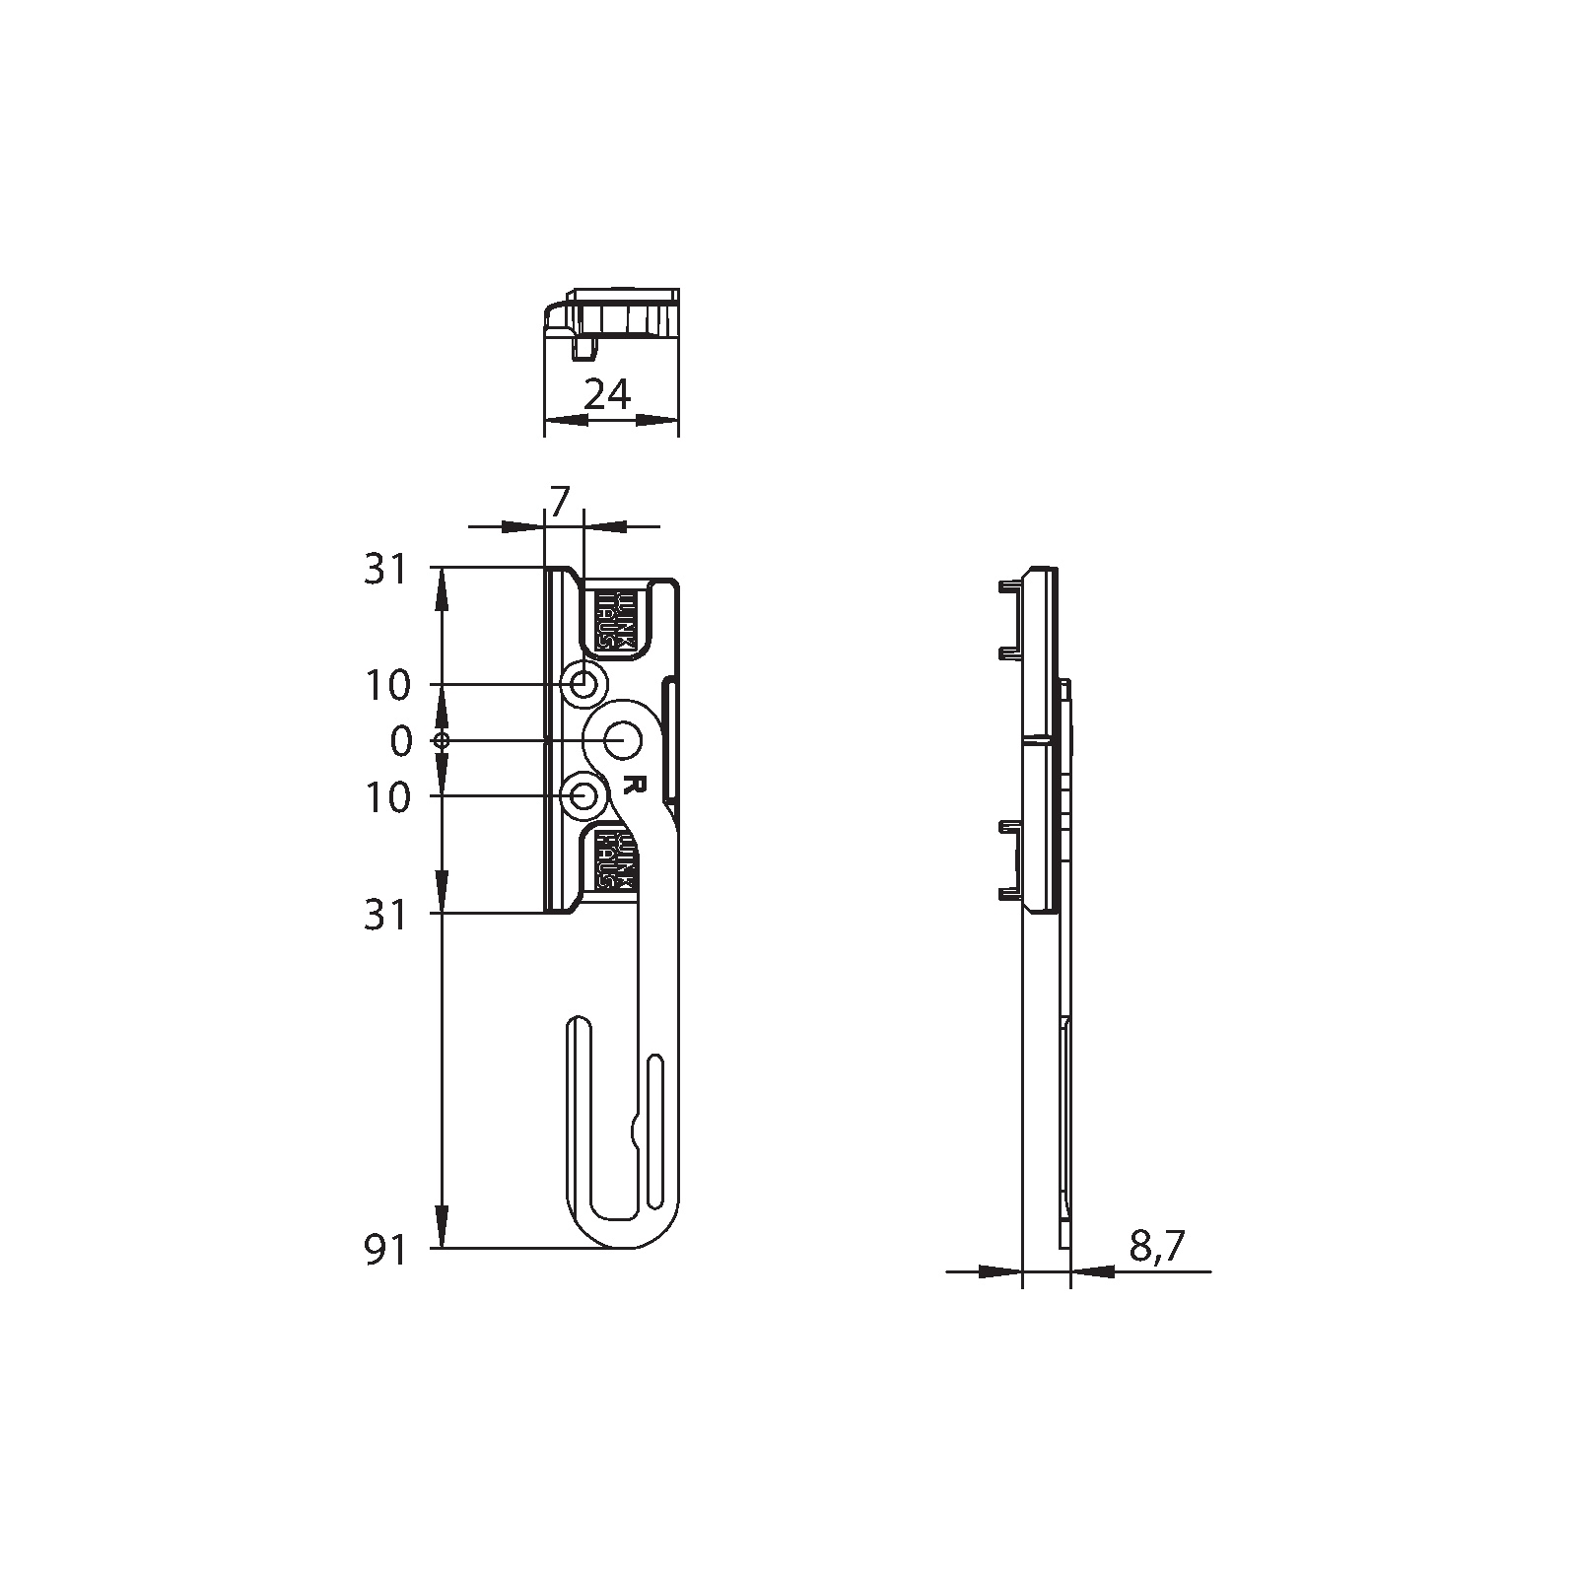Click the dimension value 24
tap(607, 394)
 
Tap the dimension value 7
tap(559, 503)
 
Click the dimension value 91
tap(385, 1252)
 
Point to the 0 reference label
tap(400, 741)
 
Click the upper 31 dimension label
tap(385, 570)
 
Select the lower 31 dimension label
tap(385, 916)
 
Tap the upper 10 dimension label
tap(387, 685)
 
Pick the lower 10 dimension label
tap(387, 797)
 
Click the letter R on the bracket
tap(635, 785)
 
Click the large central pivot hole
tap(622, 739)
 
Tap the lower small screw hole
tap(584, 794)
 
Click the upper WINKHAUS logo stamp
tap(617, 620)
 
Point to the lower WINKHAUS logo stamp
tap(617, 860)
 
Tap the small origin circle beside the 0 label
tap(442, 740)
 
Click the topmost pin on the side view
tap(1009, 587)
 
